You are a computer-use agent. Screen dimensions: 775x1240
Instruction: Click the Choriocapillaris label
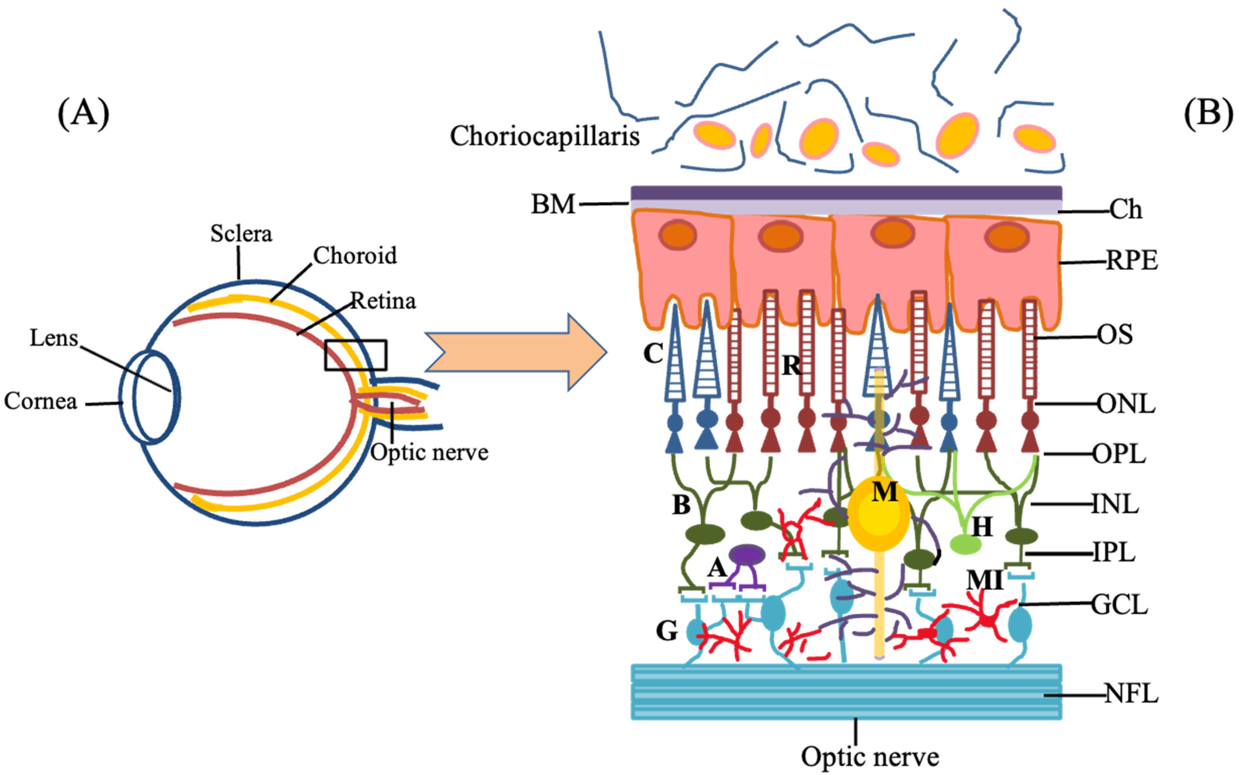coord(545,136)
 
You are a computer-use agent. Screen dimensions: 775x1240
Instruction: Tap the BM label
coord(553,204)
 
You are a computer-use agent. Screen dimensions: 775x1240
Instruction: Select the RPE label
coord(1131,261)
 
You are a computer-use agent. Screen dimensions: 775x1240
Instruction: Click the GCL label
coord(1119,605)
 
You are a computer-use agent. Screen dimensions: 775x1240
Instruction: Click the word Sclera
coord(241,234)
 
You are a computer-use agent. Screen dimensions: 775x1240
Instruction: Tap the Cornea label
coord(41,401)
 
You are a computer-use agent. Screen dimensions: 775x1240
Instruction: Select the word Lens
coord(54,338)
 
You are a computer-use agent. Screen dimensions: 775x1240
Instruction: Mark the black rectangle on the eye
coord(355,355)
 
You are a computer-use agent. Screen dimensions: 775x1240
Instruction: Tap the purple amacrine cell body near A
coord(747,554)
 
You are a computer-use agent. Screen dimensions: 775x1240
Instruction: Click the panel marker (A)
coord(84,114)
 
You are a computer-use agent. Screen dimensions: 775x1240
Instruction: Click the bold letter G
coord(667,631)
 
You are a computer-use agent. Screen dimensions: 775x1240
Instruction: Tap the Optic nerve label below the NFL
coord(870,756)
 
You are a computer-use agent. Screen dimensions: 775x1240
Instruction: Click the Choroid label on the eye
coord(355,255)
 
